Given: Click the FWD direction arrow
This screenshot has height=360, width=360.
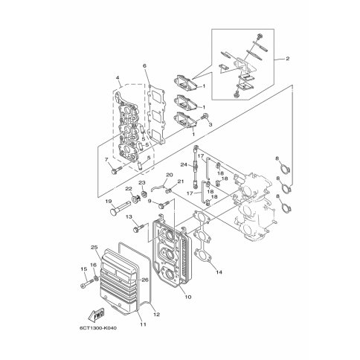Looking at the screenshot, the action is (97, 315).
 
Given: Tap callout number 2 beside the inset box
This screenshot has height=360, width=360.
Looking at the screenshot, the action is (287, 59).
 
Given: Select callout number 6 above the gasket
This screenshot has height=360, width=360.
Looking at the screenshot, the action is (144, 65).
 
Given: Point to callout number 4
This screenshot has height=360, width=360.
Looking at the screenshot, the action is (118, 78).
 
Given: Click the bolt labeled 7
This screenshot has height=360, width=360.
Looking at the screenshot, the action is (117, 170).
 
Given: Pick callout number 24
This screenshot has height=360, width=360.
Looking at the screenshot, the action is (184, 164).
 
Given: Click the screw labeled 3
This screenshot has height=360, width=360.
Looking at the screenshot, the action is (205, 116).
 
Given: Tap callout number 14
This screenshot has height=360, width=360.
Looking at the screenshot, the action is (219, 272).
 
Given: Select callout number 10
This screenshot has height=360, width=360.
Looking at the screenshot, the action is (188, 297).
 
